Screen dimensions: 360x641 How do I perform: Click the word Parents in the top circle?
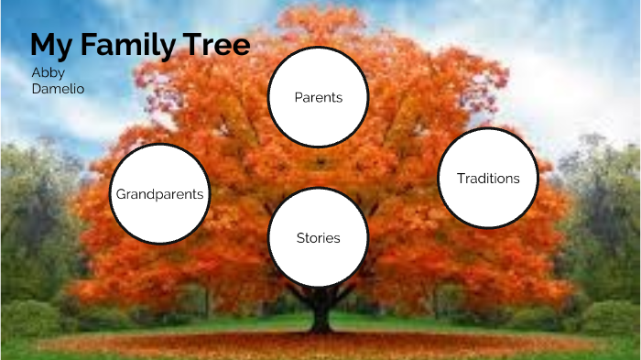coord(318,97)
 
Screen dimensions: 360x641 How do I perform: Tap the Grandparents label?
coord(159,194)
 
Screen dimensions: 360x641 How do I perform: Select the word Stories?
coord(318,238)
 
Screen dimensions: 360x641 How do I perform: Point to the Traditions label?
coord(488,179)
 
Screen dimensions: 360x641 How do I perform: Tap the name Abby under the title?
coord(48,72)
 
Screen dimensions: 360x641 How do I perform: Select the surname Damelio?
coord(58,89)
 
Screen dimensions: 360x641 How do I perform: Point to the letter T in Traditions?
coord(461,179)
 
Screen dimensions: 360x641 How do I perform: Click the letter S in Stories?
coord(300,238)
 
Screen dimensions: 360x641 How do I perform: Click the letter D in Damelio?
coord(36,89)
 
